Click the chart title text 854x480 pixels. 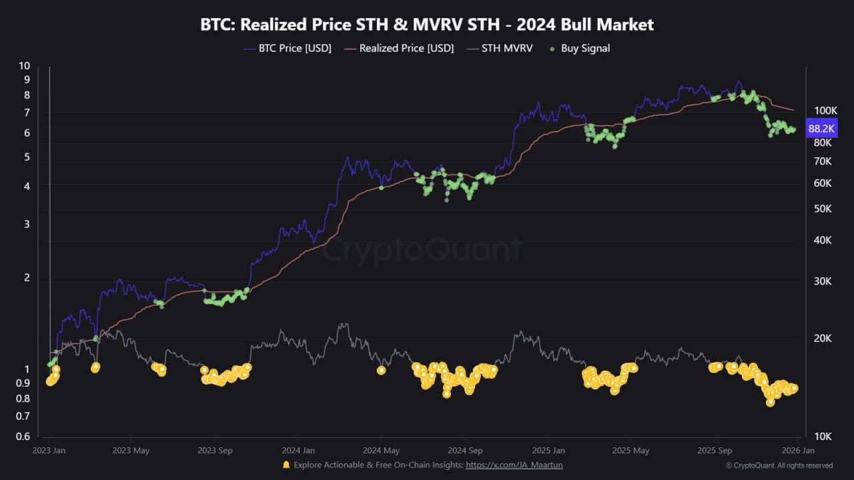click(x=427, y=25)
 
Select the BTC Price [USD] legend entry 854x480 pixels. click(x=288, y=49)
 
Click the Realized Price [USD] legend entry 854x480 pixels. click(x=399, y=49)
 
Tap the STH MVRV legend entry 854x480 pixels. click(x=500, y=49)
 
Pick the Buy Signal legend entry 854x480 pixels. click(x=580, y=49)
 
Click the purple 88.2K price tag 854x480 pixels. click(x=821, y=129)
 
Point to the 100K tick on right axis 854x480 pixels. click(x=826, y=111)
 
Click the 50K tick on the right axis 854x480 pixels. click(x=823, y=209)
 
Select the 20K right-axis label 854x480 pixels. click(x=823, y=338)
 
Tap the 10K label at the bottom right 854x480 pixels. click(x=823, y=436)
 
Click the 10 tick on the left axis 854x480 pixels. click(x=24, y=66)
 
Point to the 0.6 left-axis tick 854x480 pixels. click(x=23, y=436)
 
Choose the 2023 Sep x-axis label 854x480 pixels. click(x=215, y=450)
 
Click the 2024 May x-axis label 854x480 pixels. click(x=381, y=450)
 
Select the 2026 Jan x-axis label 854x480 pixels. click(x=798, y=450)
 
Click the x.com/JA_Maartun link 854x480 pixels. click(x=514, y=465)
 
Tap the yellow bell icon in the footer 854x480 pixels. click(x=286, y=465)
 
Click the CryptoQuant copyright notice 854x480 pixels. click(x=779, y=465)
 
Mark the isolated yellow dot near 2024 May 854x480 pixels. click(x=381, y=370)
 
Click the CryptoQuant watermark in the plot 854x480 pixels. click(x=422, y=249)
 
